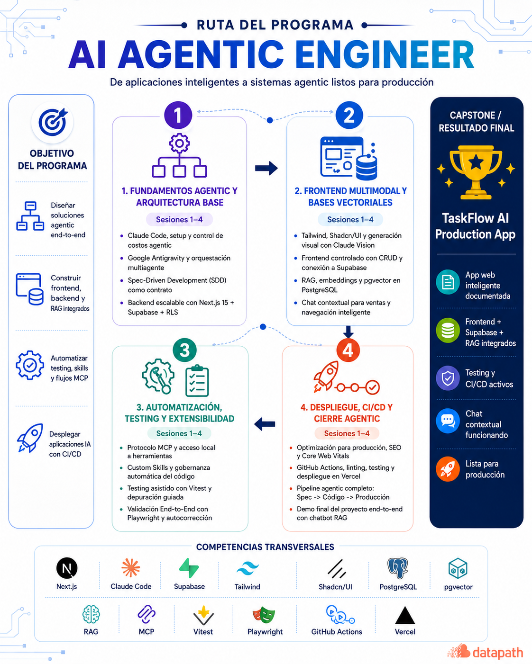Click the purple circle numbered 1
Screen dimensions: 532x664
tap(178, 115)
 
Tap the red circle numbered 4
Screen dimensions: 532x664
tap(348, 350)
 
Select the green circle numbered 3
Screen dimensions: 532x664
tap(185, 350)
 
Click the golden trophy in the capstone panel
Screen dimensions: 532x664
tap(476, 172)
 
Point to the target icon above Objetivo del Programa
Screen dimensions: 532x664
tap(53, 122)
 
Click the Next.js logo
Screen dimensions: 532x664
tap(67, 568)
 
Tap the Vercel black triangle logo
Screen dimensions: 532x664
tap(405, 616)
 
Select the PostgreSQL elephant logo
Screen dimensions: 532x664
tap(398, 568)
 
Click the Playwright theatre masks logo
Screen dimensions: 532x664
tap(264, 615)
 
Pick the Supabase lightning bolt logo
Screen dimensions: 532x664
tap(189, 568)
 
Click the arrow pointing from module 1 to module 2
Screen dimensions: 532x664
tap(266, 168)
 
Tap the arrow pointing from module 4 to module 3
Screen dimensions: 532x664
tap(265, 424)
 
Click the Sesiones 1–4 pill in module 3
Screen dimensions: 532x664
tap(179, 433)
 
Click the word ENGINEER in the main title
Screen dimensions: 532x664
tap(385, 54)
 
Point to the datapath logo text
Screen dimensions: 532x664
tap(498, 652)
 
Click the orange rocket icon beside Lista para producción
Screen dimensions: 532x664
tap(448, 469)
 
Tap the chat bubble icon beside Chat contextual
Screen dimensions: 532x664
tap(448, 421)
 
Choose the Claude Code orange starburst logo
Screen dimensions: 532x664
tap(131, 567)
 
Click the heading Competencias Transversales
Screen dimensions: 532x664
tap(265, 547)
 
